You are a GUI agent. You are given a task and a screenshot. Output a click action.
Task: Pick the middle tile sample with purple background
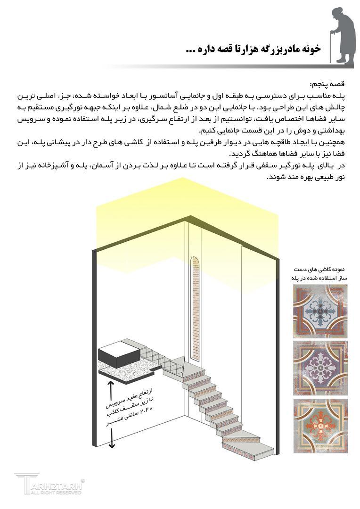[x=320, y=368]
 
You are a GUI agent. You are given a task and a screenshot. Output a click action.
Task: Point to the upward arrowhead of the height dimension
[x=112, y=384]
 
